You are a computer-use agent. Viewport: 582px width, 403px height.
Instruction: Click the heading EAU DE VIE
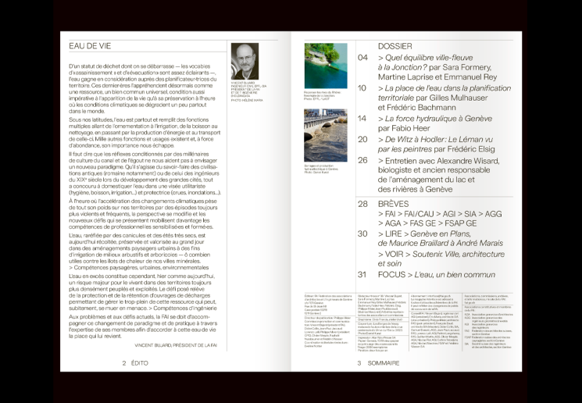[x=90, y=46]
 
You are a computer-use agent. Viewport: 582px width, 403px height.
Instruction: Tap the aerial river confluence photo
[x=325, y=66]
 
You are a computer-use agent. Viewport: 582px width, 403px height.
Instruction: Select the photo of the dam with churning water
[x=325, y=135]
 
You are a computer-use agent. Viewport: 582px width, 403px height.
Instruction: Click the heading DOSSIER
[x=395, y=46]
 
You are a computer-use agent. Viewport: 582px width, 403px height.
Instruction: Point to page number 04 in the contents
[x=362, y=58]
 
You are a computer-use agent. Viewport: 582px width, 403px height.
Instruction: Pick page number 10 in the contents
[x=362, y=88]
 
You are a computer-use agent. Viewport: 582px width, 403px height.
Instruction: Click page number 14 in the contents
[x=362, y=119]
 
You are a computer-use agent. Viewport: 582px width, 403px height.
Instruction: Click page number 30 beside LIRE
[x=362, y=234]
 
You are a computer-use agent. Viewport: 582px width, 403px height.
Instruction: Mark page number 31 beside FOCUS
[x=362, y=274]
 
